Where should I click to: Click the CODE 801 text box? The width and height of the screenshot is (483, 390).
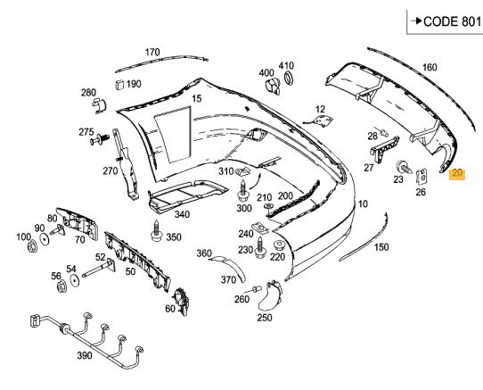pyautogui.click(x=445, y=21)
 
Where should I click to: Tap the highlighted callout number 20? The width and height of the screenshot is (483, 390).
pyautogui.click(x=457, y=174)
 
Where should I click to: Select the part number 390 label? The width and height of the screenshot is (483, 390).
pyautogui.click(x=85, y=355)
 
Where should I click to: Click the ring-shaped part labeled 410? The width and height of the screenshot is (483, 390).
pyautogui.click(x=289, y=78)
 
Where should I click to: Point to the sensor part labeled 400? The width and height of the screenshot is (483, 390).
pyautogui.click(x=273, y=86)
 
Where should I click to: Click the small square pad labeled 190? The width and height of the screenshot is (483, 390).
pyautogui.click(x=119, y=85)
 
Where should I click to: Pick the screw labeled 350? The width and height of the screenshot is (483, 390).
pyautogui.click(x=157, y=231)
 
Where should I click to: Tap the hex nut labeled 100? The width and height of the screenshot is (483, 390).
pyautogui.click(x=32, y=247)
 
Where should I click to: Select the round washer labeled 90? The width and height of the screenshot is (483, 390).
pyautogui.click(x=45, y=239)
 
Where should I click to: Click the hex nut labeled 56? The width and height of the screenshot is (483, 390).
pyautogui.click(x=61, y=286)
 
